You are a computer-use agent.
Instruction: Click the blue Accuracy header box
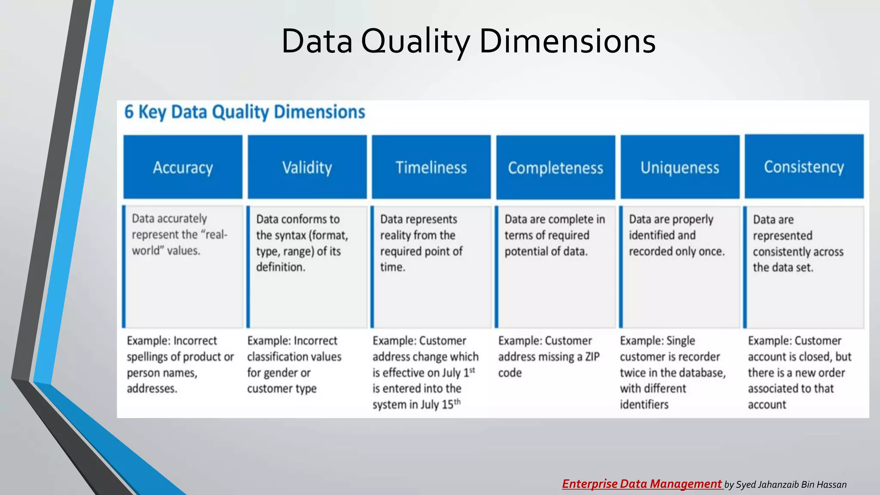183,167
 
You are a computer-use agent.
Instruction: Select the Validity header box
307,167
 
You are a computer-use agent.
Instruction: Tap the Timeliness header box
431,167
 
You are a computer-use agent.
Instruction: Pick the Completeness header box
555,168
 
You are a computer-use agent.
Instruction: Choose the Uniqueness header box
680,167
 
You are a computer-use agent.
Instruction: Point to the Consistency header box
804,166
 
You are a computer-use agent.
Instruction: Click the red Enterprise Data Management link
642,484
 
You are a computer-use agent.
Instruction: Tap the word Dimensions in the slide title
567,41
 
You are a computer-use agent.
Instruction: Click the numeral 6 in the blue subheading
129,112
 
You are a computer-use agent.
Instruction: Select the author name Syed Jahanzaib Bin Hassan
791,485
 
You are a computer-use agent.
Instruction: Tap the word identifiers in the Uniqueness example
644,405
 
